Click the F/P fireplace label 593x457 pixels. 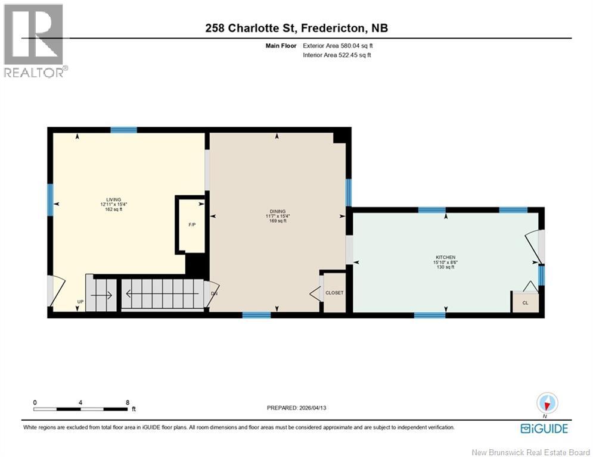point(192,225)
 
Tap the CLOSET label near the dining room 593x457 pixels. point(334,293)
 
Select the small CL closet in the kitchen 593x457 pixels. point(525,302)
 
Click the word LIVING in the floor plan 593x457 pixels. point(114,199)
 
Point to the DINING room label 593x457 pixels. point(277,211)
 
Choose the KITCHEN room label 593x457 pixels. point(445,258)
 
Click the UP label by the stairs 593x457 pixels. point(79,302)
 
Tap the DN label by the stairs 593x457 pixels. point(214,293)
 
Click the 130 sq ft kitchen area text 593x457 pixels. point(445,267)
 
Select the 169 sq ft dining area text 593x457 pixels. point(277,221)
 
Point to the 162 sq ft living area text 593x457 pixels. point(114,209)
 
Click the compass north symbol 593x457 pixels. point(545,402)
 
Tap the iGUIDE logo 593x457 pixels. point(544,428)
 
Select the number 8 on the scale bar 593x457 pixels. point(127,402)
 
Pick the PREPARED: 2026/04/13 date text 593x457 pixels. point(296,408)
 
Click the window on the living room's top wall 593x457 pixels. point(123,130)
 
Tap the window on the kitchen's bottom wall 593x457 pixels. point(429,315)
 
